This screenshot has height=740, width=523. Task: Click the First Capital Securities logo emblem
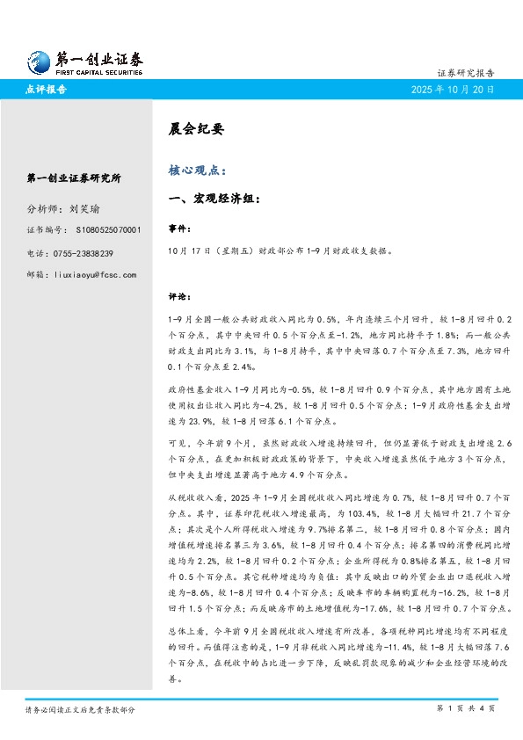click(x=36, y=61)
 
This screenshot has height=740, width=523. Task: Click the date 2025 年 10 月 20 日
click(x=453, y=90)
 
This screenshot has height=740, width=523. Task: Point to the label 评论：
click(x=179, y=296)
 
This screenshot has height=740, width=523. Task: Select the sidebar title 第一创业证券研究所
click(x=74, y=178)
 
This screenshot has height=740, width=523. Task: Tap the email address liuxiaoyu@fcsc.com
click(x=95, y=275)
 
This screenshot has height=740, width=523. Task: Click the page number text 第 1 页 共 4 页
click(x=466, y=707)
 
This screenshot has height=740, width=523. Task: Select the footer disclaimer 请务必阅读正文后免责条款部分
click(x=80, y=707)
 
